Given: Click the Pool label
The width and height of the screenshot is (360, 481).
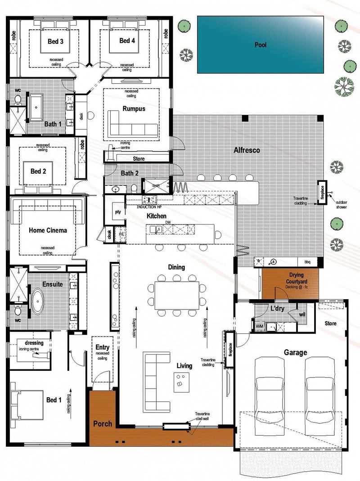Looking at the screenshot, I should pyautogui.click(x=260, y=45).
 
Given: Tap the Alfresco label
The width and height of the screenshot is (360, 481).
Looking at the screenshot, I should pyautogui.click(x=246, y=150).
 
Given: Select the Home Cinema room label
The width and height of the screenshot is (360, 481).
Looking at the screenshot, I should pyautogui.click(x=48, y=230).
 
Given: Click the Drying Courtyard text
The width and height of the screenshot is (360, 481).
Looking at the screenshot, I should pyautogui.click(x=290, y=278).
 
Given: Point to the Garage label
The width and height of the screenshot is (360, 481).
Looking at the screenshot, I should pyautogui.click(x=295, y=352).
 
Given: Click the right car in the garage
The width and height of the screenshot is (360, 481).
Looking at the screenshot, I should pyautogui.click(x=321, y=387).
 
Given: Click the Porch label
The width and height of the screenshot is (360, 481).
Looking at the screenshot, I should pyautogui.click(x=102, y=423).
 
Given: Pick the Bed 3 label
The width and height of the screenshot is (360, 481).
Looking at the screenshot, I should pyautogui.click(x=55, y=41).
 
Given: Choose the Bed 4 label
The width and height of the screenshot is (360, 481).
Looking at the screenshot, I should pyautogui.click(x=127, y=41).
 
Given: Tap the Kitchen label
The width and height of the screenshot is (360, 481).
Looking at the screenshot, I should pyautogui.click(x=156, y=216).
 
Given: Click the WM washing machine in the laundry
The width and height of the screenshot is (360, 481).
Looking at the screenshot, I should pyautogui.click(x=259, y=325).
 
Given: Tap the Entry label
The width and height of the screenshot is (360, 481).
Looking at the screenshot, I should pyautogui.click(x=102, y=347).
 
